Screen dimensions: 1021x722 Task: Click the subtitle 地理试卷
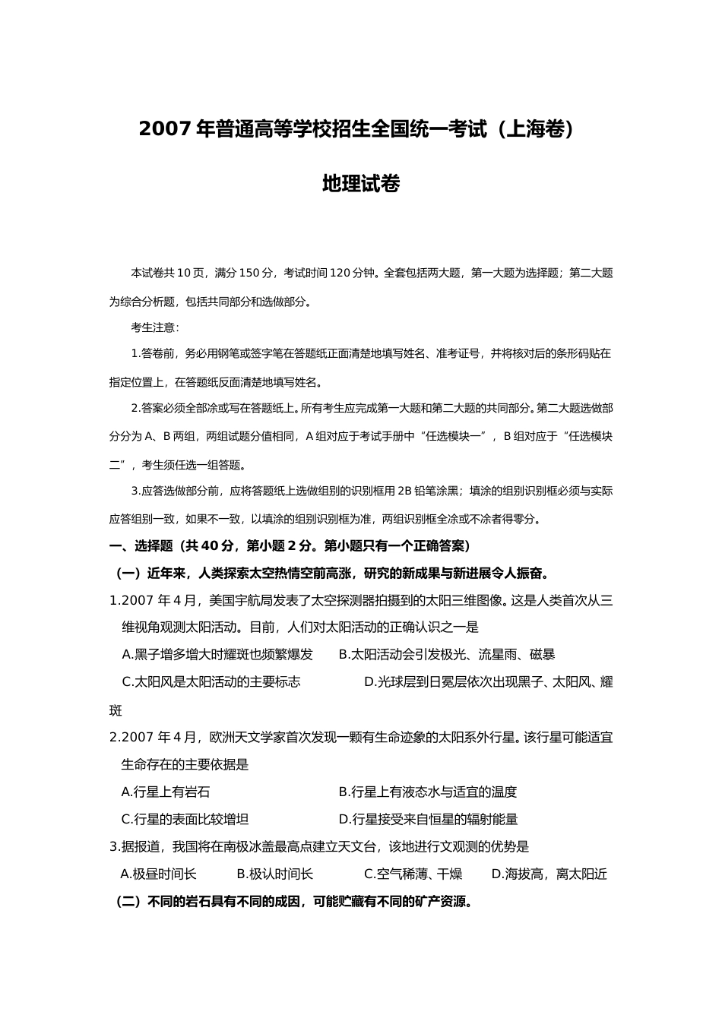coord(361,184)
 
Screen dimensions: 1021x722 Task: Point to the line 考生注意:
coord(155,328)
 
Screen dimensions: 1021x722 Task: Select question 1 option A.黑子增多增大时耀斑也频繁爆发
coord(217,654)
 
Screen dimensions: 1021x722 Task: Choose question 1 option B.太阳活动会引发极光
coord(446,654)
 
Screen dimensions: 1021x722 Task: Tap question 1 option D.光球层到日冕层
coord(488,681)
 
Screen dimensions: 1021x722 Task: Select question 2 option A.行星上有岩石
coord(166,792)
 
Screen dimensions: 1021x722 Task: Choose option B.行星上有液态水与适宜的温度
coord(427,792)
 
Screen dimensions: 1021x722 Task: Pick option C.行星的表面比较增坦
coord(185,819)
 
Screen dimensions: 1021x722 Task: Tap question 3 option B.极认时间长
coord(275,874)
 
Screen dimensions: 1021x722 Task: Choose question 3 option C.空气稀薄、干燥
coord(413,874)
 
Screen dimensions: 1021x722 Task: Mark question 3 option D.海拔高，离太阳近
coord(549,874)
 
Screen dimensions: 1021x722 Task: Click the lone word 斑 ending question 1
coord(116,711)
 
